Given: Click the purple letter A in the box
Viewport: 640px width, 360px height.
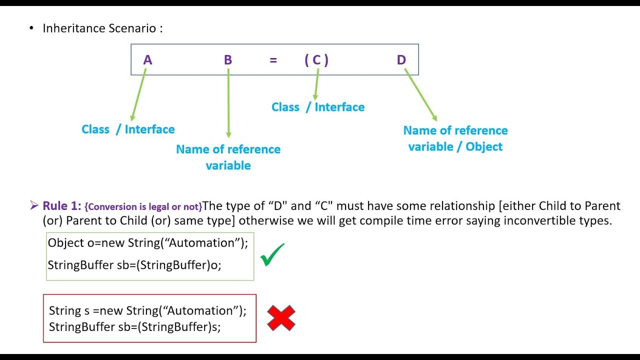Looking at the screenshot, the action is click(x=147, y=60).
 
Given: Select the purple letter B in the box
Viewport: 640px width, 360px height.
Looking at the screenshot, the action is click(x=228, y=60).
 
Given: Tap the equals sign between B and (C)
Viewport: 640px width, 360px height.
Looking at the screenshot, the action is click(x=273, y=60).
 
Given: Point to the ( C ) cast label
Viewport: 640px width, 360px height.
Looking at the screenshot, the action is click(x=316, y=60).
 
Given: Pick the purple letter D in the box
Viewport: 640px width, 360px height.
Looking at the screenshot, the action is click(x=401, y=60).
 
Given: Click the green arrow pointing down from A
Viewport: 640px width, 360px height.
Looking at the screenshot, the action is click(x=137, y=95).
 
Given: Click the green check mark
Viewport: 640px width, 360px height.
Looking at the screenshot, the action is click(x=272, y=254).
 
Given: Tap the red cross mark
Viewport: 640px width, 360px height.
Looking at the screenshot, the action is click(x=281, y=318).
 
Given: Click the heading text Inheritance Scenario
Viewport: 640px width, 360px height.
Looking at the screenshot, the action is click(x=102, y=28).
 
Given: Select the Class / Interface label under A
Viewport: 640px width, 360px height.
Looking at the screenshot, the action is click(x=128, y=129).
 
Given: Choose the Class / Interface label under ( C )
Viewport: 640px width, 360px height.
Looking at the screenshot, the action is click(x=318, y=107).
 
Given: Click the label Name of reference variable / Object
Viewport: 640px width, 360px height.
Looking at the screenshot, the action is click(x=455, y=138).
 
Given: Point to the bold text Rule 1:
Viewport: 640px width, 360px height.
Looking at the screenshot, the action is click(x=62, y=206).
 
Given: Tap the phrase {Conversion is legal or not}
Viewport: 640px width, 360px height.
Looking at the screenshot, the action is click(x=143, y=206).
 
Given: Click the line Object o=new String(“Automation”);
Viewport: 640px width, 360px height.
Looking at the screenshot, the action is click(x=148, y=243).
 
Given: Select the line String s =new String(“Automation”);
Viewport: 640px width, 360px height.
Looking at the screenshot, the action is click(x=148, y=310).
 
